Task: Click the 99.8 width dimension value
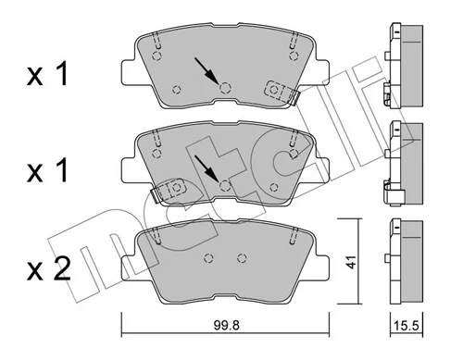point(226,325)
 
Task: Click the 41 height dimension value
point(350,262)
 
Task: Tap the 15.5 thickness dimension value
point(406,326)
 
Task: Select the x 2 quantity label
point(48,270)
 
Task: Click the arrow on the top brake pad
point(206,71)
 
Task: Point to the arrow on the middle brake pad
point(206,168)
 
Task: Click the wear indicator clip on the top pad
point(282,93)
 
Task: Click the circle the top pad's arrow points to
point(225,88)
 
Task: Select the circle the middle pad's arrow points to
point(225,185)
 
